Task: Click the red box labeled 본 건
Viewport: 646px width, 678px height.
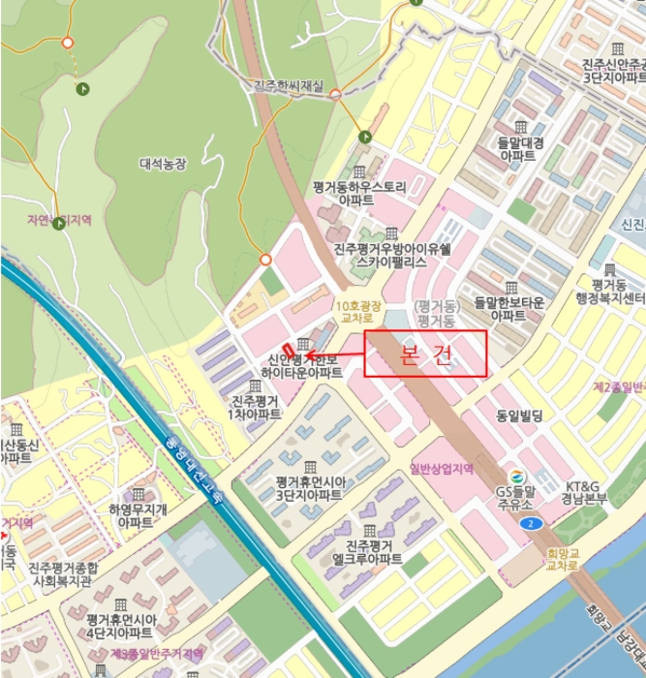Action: click(425, 354)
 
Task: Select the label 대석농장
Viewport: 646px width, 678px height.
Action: click(163, 164)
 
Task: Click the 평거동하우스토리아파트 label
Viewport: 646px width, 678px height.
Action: click(359, 192)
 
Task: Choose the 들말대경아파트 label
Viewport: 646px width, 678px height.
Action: click(521, 148)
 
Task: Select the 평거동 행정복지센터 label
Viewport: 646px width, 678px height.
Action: click(610, 291)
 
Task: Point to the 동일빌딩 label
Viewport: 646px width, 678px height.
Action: click(520, 416)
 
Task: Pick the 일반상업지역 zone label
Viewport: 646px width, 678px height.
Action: click(442, 469)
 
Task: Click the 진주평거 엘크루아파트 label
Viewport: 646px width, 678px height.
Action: click(367, 552)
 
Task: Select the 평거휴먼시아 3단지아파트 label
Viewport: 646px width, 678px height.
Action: click(308, 487)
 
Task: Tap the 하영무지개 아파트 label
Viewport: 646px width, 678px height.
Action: click(137, 515)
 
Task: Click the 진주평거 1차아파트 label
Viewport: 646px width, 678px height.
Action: click(255, 407)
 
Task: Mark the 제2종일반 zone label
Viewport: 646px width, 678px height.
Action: click(619, 386)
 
